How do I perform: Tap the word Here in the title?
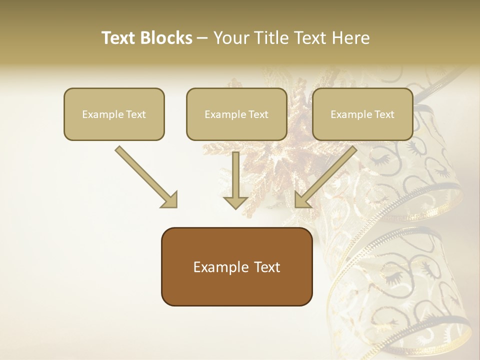pos(350,38)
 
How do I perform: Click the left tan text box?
pos(114,114)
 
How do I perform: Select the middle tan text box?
pos(236,114)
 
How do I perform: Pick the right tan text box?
pos(362,114)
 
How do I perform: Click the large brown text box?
pos(236,266)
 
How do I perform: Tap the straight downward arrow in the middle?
pos(235,180)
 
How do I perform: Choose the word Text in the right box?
pos(384,114)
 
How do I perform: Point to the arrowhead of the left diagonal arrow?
pos(169,199)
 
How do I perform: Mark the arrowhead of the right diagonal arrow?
pos(302,199)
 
